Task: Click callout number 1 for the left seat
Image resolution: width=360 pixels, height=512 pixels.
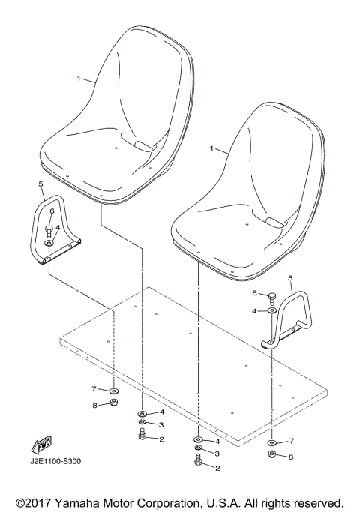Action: point(79,78)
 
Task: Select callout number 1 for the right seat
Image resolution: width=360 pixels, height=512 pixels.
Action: point(213,149)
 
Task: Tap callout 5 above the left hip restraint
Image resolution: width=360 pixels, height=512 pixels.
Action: point(41,183)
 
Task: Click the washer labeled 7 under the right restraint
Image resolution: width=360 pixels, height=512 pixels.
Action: point(271,442)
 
